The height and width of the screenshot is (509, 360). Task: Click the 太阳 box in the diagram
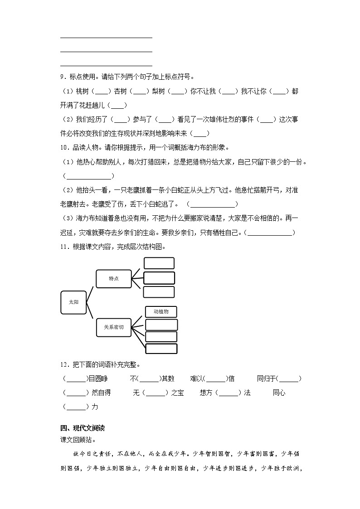click(x=73, y=302)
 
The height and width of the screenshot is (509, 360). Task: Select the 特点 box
click(x=113, y=279)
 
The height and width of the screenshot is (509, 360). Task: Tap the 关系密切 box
click(x=113, y=327)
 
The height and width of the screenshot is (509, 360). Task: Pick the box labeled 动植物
click(x=161, y=312)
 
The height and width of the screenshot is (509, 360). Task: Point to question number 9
click(x=63, y=77)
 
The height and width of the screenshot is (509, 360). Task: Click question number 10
click(x=64, y=147)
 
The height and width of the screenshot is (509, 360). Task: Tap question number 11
click(x=64, y=247)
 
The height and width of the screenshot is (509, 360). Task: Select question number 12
click(x=64, y=364)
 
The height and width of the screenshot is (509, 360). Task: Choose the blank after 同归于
click(x=289, y=379)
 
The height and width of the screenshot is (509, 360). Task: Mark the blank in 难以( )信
click(x=216, y=379)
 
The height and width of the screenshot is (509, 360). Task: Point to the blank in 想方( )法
click(x=229, y=393)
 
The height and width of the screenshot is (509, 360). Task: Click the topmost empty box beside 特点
click(x=159, y=263)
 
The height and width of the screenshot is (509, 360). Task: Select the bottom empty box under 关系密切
click(x=161, y=349)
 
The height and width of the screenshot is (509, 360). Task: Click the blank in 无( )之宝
click(x=156, y=393)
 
